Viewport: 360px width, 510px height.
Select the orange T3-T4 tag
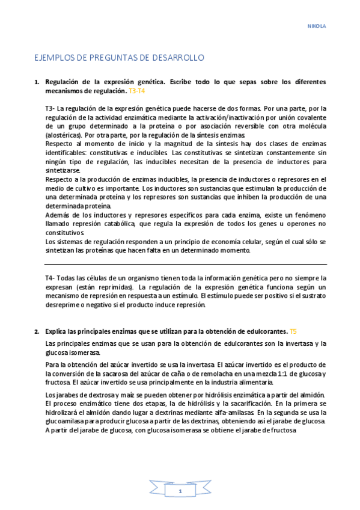pos(137,90)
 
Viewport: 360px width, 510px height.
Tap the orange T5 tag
pos(293,331)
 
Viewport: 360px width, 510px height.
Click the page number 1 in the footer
pos(180,491)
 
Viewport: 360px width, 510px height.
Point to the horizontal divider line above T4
pos(186,264)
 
